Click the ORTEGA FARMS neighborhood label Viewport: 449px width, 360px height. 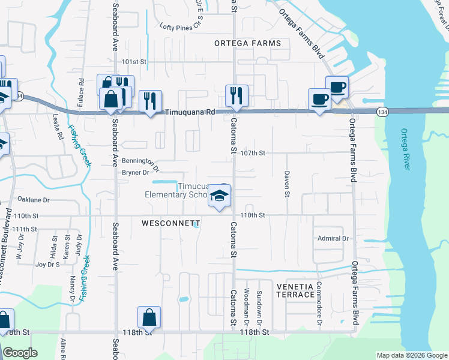pyautogui.click(x=248, y=43)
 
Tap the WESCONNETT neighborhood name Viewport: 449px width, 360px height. pyautogui.click(x=170, y=223)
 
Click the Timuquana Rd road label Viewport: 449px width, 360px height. pyautogui.click(x=190, y=112)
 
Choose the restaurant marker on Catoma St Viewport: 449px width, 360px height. pyautogui.click(x=237, y=95)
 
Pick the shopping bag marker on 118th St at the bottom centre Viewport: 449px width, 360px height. pyautogui.click(x=149, y=317)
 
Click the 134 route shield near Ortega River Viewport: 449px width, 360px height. pyautogui.click(x=382, y=112)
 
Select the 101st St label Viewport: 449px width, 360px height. pyautogui.click(x=134, y=62)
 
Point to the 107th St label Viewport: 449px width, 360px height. pyautogui.click(x=253, y=153)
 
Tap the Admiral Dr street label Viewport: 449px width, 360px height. pyautogui.click(x=333, y=239)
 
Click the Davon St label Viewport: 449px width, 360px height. pyautogui.click(x=286, y=184)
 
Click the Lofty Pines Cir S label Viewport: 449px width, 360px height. pyautogui.click(x=184, y=26)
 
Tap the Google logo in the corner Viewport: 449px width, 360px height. pyautogui.click(x=20, y=353)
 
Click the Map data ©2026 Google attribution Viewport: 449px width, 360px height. pyautogui.click(x=412, y=355)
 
